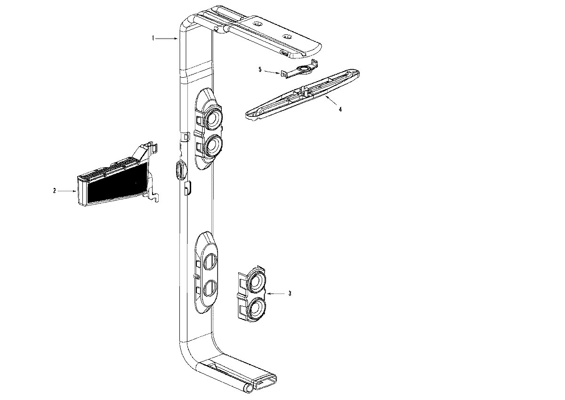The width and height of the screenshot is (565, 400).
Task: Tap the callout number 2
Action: point(55,191)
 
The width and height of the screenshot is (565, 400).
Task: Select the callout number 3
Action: point(290,293)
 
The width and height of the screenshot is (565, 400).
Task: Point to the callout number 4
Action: point(340,109)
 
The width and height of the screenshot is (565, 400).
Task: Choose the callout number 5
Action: point(259,69)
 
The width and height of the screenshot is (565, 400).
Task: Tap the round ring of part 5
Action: point(307,69)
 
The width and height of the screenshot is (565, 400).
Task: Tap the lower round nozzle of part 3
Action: point(257,309)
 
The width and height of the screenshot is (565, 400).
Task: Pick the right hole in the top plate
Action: point(287,36)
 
